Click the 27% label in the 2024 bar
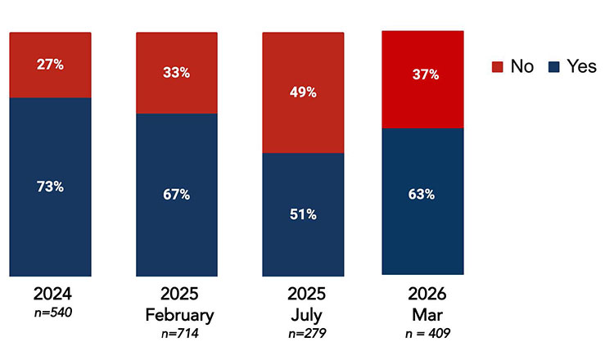tap(50, 65)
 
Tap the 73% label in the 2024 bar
tap(50, 187)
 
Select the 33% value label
tap(176, 73)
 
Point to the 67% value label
tap(176, 194)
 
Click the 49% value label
tap(302, 92)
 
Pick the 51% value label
tap(302, 214)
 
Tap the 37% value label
tap(424, 74)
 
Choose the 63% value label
tap(424, 196)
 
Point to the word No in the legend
tap(521, 67)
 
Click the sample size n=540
tap(50, 313)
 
